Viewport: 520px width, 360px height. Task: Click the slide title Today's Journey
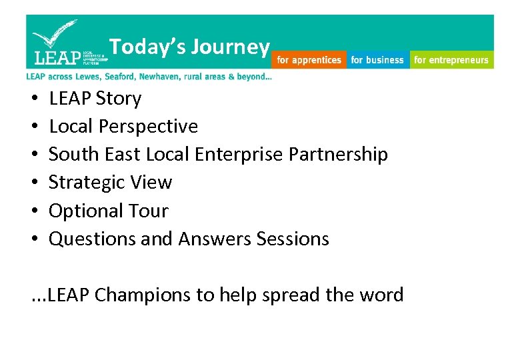point(189,47)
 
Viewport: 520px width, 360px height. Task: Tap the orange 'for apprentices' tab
point(309,60)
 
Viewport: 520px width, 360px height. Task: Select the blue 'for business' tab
point(377,60)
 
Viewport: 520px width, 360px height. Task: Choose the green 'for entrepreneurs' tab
point(451,60)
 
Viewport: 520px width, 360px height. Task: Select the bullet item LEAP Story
point(95,99)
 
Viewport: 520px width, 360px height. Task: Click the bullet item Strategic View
point(110,183)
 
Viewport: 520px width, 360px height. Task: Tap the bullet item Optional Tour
point(108,211)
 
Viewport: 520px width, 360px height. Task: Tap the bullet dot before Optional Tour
point(34,211)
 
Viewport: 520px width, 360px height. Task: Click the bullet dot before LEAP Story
point(34,99)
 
